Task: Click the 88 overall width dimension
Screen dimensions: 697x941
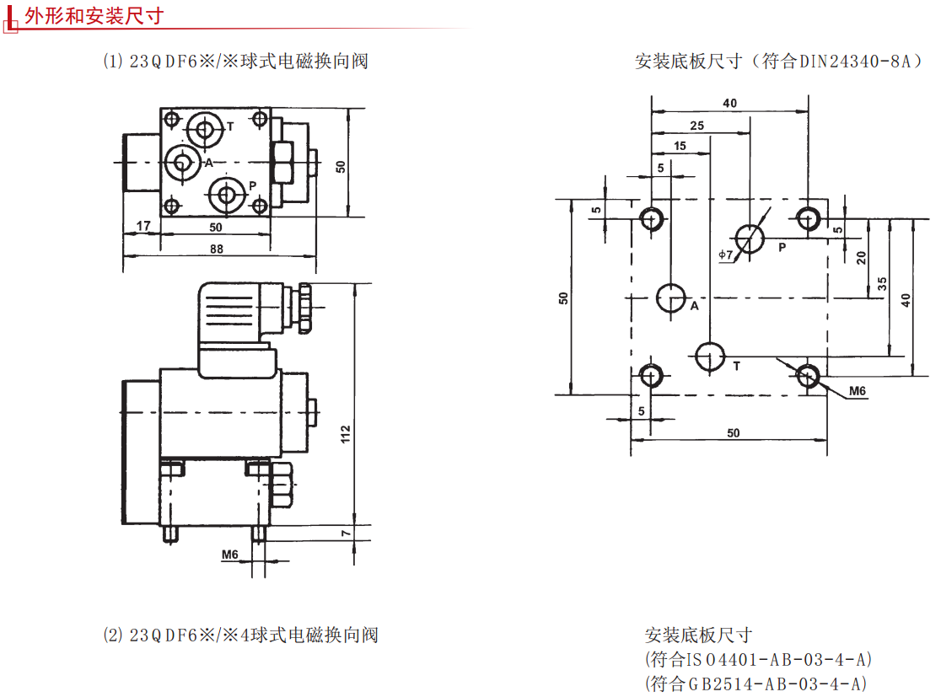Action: click(217, 249)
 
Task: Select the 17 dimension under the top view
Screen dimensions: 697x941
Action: click(142, 226)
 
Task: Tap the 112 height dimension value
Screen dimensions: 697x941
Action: click(346, 433)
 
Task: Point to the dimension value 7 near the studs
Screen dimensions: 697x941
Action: click(346, 533)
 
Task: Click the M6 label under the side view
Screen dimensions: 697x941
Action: click(230, 555)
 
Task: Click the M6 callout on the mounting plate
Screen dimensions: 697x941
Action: click(858, 391)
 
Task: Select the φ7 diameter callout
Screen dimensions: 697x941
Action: click(726, 255)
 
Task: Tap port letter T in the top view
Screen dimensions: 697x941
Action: click(230, 126)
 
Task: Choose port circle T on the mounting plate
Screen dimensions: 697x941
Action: click(710, 356)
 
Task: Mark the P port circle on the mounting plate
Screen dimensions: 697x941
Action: click(750, 239)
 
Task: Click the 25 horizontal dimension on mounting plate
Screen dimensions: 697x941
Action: click(697, 125)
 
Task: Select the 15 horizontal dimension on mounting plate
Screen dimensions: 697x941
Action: click(680, 146)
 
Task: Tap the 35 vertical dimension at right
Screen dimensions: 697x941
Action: click(882, 284)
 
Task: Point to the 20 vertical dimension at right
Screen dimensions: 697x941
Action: click(861, 257)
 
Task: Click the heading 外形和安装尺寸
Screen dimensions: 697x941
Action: click(94, 15)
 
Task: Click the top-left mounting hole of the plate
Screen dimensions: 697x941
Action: click(650, 219)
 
